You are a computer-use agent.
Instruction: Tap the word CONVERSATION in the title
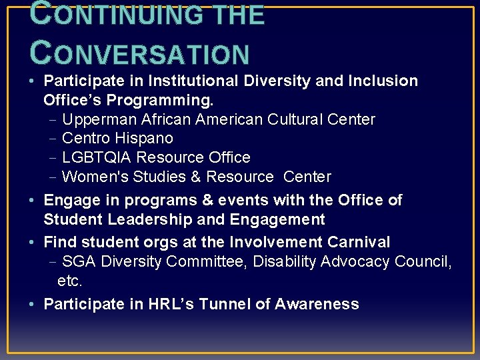pos(140,54)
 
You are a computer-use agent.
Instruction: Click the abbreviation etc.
pos(70,281)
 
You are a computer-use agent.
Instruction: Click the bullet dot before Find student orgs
pos(33,242)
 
